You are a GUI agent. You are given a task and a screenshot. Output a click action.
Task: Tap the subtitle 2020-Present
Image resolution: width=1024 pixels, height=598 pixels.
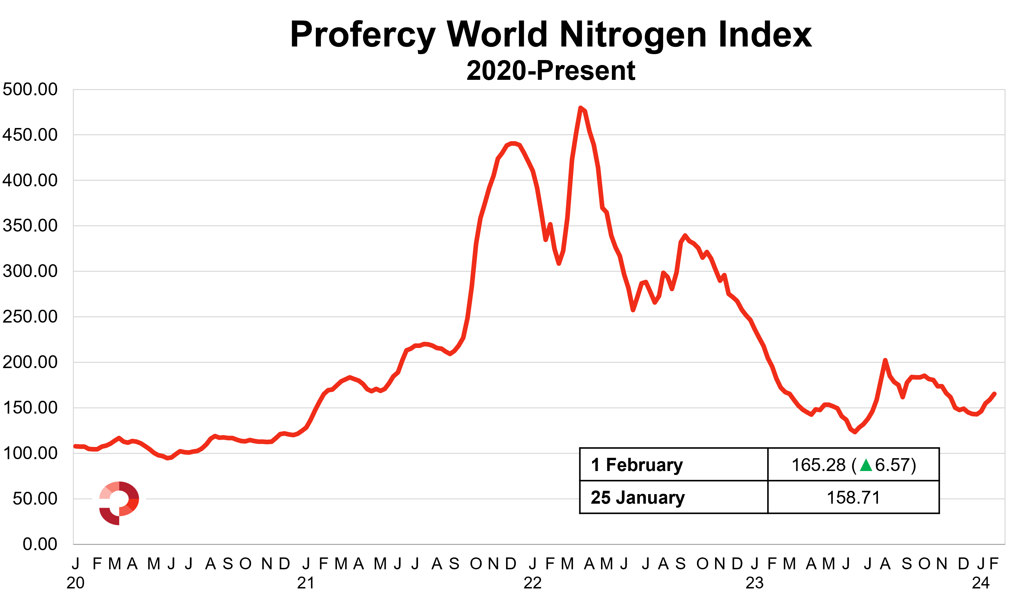tap(551, 71)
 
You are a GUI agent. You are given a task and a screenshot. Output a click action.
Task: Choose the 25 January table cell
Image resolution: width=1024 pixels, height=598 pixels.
tap(638, 498)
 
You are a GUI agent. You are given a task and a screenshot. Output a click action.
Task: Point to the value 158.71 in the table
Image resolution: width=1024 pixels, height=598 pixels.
tap(853, 498)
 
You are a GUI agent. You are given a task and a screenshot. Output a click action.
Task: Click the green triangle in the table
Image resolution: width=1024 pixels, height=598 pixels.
tap(866, 465)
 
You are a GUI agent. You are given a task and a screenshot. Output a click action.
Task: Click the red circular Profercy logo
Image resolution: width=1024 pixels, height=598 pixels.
tap(119, 503)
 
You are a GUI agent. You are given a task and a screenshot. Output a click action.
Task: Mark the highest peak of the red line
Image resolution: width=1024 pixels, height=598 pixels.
tap(580, 108)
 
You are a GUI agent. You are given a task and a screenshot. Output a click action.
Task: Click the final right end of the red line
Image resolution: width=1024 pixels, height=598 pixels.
tap(994, 393)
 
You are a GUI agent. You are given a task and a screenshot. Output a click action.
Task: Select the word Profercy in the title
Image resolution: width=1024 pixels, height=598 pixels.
tap(363, 35)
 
